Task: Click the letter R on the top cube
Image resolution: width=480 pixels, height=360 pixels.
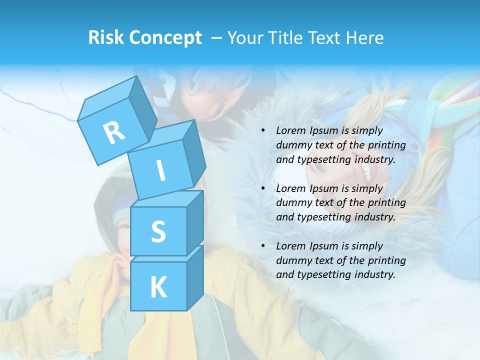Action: [x=114, y=132]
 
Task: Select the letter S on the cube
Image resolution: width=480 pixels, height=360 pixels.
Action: [x=158, y=231]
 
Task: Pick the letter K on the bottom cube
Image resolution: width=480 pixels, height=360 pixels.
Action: [x=158, y=287]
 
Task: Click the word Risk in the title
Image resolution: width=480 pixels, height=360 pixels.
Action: [x=105, y=38]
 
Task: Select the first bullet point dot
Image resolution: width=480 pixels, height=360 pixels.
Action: [x=263, y=131]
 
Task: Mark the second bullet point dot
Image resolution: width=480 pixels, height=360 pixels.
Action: [x=263, y=189]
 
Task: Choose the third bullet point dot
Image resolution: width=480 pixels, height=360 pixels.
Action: [x=263, y=246]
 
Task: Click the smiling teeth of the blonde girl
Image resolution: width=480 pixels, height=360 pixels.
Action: [x=367, y=173]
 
